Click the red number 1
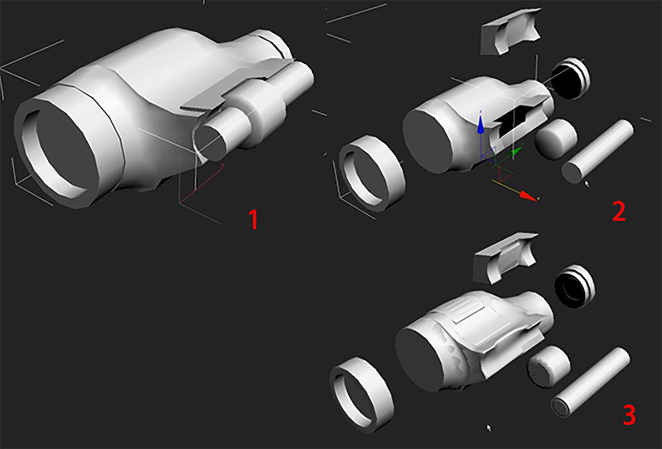pyautogui.click(x=253, y=220)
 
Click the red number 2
pyautogui.click(x=619, y=211)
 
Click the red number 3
pyautogui.click(x=628, y=415)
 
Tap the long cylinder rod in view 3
pyautogui.click(x=590, y=380)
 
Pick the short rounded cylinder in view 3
pyautogui.click(x=549, y=366)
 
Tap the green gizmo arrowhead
pyautogui.click(x=516, y=150)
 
